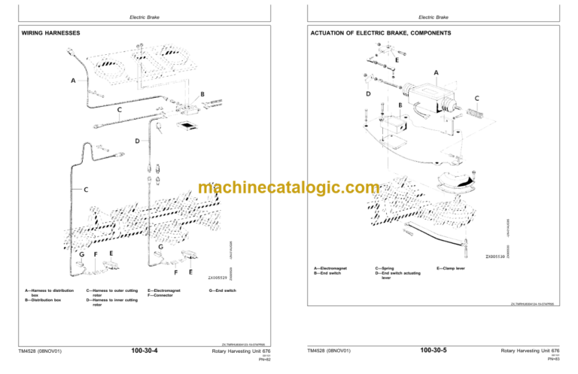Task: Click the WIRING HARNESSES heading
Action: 50,34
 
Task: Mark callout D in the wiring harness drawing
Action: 136,141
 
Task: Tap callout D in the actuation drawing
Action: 367,94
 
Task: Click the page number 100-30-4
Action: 149,351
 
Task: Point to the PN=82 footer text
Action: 264,360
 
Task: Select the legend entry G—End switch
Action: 222,290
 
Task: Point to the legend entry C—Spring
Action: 389,267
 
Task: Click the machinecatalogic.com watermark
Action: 288,188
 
